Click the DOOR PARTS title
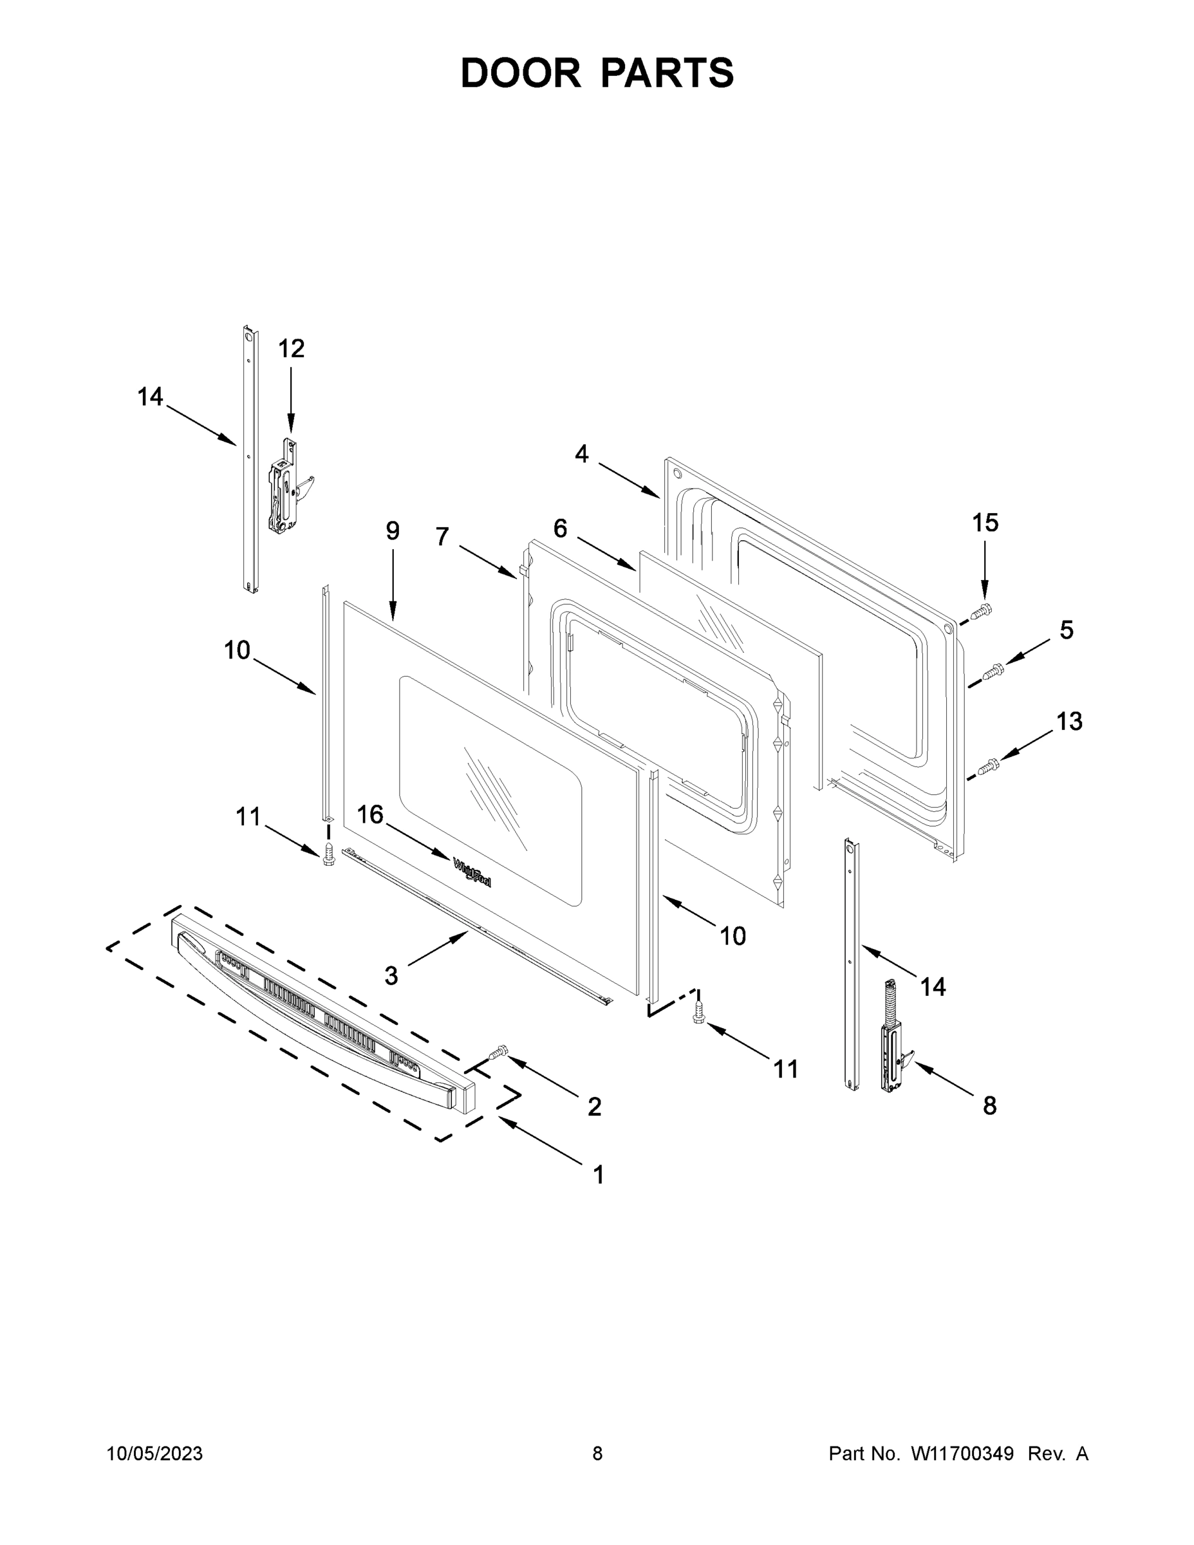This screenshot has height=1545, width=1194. point(597,73)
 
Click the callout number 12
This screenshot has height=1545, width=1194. point(291,349)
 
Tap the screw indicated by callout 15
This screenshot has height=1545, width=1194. point(982,610)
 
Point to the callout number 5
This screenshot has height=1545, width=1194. point(1066,630)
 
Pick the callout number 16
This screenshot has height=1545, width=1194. point(370,814)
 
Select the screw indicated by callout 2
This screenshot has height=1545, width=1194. point(499,1053)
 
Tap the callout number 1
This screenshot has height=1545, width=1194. point(599,1175)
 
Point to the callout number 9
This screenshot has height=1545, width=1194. point(393,530)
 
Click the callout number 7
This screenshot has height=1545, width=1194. point(442,537)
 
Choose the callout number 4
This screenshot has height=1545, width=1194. point(581,453)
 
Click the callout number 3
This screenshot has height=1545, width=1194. point(391,976)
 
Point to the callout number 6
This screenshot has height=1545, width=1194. point(560,528)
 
